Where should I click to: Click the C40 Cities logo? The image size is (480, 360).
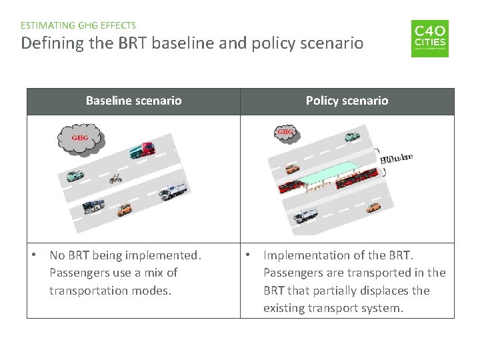pos(429,38)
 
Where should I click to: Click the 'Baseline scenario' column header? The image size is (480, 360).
pos(133,101)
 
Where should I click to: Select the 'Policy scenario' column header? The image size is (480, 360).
pos(347,101)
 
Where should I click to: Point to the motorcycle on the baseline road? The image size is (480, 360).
pos(115,179)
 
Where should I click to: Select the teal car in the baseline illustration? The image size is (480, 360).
pos(73,176)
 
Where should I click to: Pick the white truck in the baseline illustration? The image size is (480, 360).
pos(172,192)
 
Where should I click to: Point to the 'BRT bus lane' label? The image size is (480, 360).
pos(396,159)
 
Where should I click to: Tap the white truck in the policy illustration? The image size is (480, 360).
pos(306,215)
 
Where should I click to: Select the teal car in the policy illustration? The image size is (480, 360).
pos(350,137)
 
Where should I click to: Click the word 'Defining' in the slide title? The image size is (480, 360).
pos(45,44)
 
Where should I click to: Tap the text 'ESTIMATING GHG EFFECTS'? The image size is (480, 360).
pos(78,25)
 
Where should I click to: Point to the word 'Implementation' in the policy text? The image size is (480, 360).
pos(306,255)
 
